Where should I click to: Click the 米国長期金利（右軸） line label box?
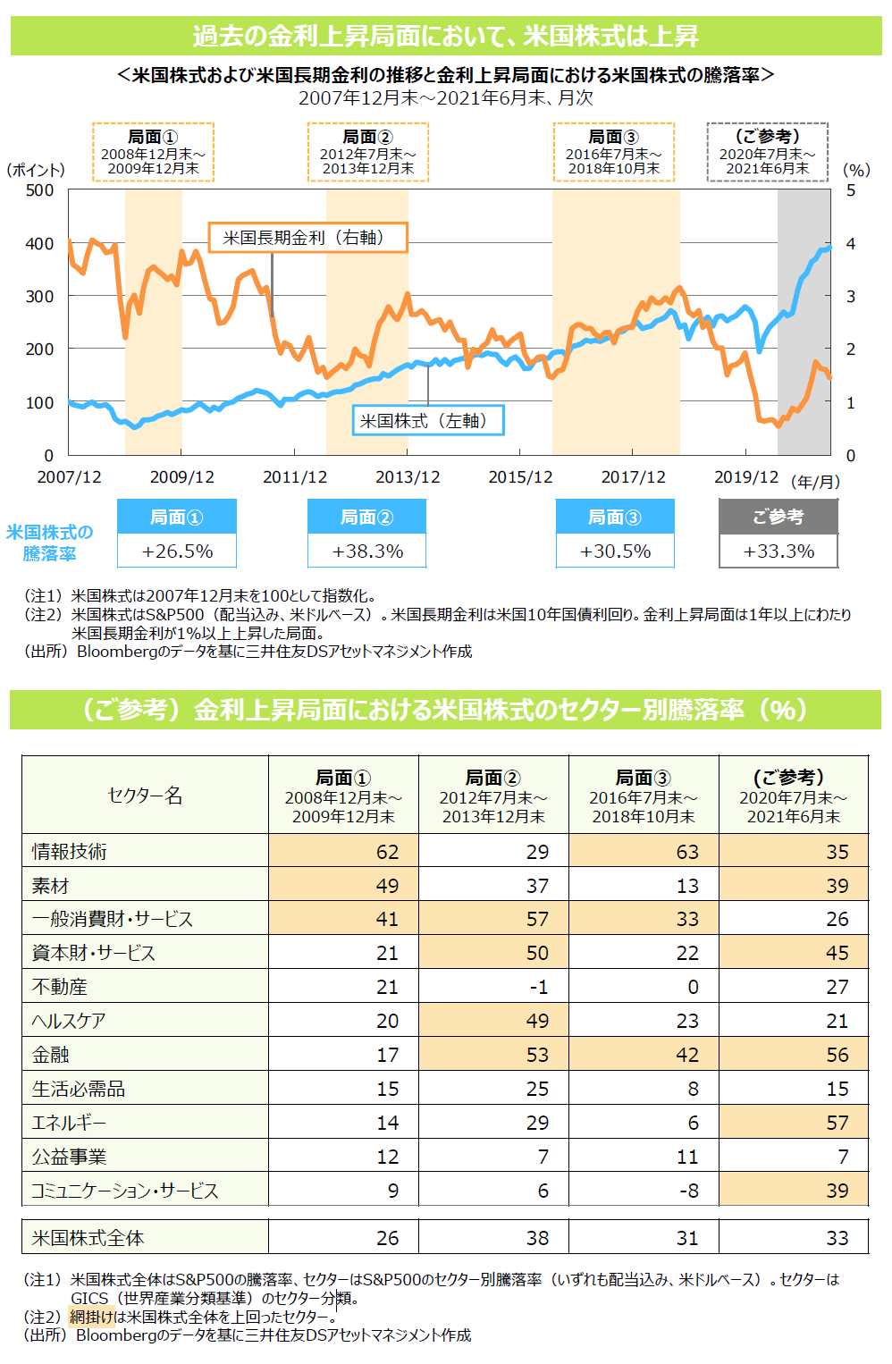(307, 238)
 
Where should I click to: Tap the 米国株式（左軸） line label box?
(428, 420)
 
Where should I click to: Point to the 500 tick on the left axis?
(39, 190)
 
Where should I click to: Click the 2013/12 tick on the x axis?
(408, 477)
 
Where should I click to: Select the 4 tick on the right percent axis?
(851, 243)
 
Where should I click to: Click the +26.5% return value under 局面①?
(177, 551)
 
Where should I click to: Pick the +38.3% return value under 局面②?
(367, 551)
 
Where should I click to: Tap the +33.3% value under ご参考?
(778, 551)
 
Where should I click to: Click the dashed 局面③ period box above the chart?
(613, 152)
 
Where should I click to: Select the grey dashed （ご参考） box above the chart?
(767, 152)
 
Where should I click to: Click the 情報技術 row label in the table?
(70, 852)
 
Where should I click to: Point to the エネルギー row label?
(70, 1123)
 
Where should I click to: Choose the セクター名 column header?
(145, 796)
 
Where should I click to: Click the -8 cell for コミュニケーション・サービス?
(687, 1191)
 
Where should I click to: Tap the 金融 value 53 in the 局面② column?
(537, 1055)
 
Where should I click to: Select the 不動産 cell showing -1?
(537, 987)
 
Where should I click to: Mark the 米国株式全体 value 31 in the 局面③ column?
(687, 1238)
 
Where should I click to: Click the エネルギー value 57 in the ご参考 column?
(837, 1123)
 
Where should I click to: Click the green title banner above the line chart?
(446, 37)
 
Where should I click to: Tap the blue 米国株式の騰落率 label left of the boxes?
(50, 543)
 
